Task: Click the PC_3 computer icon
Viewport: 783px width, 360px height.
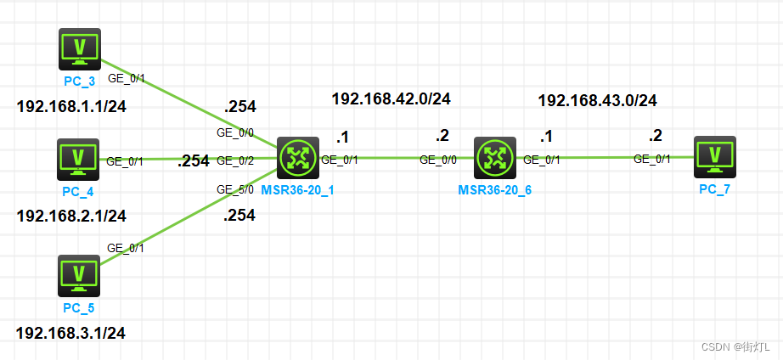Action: (79, 48)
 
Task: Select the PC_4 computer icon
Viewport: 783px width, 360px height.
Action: (79, 159)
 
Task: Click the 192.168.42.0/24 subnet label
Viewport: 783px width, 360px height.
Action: (391, 98)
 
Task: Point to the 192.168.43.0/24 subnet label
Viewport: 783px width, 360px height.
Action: (597, 101)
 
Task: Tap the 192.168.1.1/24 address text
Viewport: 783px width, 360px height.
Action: (70, 107)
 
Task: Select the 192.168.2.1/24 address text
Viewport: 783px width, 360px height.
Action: (71, 216)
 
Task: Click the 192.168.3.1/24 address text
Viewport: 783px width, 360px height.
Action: (70, 333)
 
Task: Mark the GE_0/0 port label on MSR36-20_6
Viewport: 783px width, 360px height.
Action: (438, 159)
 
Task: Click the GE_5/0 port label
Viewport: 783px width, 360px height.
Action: (235, 189)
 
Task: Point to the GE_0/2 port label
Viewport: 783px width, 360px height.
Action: (235, 160)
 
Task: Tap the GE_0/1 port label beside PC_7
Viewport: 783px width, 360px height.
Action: (652, 159)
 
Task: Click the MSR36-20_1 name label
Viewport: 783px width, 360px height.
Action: (297, 189)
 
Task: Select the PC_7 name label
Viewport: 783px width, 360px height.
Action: (714, 188)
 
